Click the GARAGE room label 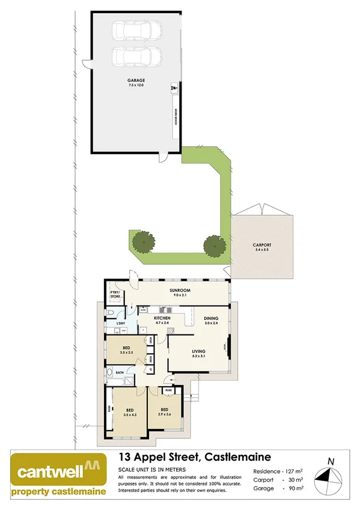coord(136,80)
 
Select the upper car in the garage coord(137,30)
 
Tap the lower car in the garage coord(137,57)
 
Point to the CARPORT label coord(262,245)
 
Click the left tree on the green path coord(143,242)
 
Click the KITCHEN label coord(162,318)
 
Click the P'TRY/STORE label coord(116,295)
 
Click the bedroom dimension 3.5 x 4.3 coord(129,414)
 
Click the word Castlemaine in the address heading coord(235,456)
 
